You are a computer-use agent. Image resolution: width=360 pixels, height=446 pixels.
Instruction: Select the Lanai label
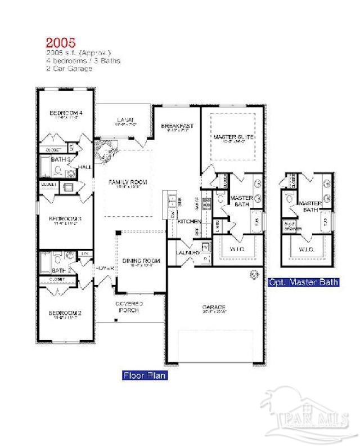[124, 119]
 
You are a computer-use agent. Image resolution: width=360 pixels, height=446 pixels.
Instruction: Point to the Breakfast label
[177, 126]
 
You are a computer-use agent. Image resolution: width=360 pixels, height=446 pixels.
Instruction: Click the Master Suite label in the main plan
[233, 137]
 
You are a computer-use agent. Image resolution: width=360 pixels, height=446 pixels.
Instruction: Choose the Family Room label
[128, 182]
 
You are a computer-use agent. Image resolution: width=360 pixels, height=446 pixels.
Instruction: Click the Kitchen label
[186, 222]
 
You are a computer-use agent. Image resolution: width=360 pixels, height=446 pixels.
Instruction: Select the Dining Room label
[141, 261]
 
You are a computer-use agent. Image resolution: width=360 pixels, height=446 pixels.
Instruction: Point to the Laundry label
[187, 253]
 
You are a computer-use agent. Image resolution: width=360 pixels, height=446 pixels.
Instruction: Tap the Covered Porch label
[129, 307]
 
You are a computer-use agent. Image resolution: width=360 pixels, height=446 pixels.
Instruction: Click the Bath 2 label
[62, 271]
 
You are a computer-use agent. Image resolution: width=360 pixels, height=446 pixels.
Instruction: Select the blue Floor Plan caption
[145, 375]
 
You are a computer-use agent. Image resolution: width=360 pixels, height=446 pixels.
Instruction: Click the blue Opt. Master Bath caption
[304, 282]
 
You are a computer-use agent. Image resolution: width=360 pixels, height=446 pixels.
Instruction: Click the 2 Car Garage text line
[69, 68]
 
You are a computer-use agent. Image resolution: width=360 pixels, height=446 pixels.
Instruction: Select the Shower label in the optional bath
[290, 229]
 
